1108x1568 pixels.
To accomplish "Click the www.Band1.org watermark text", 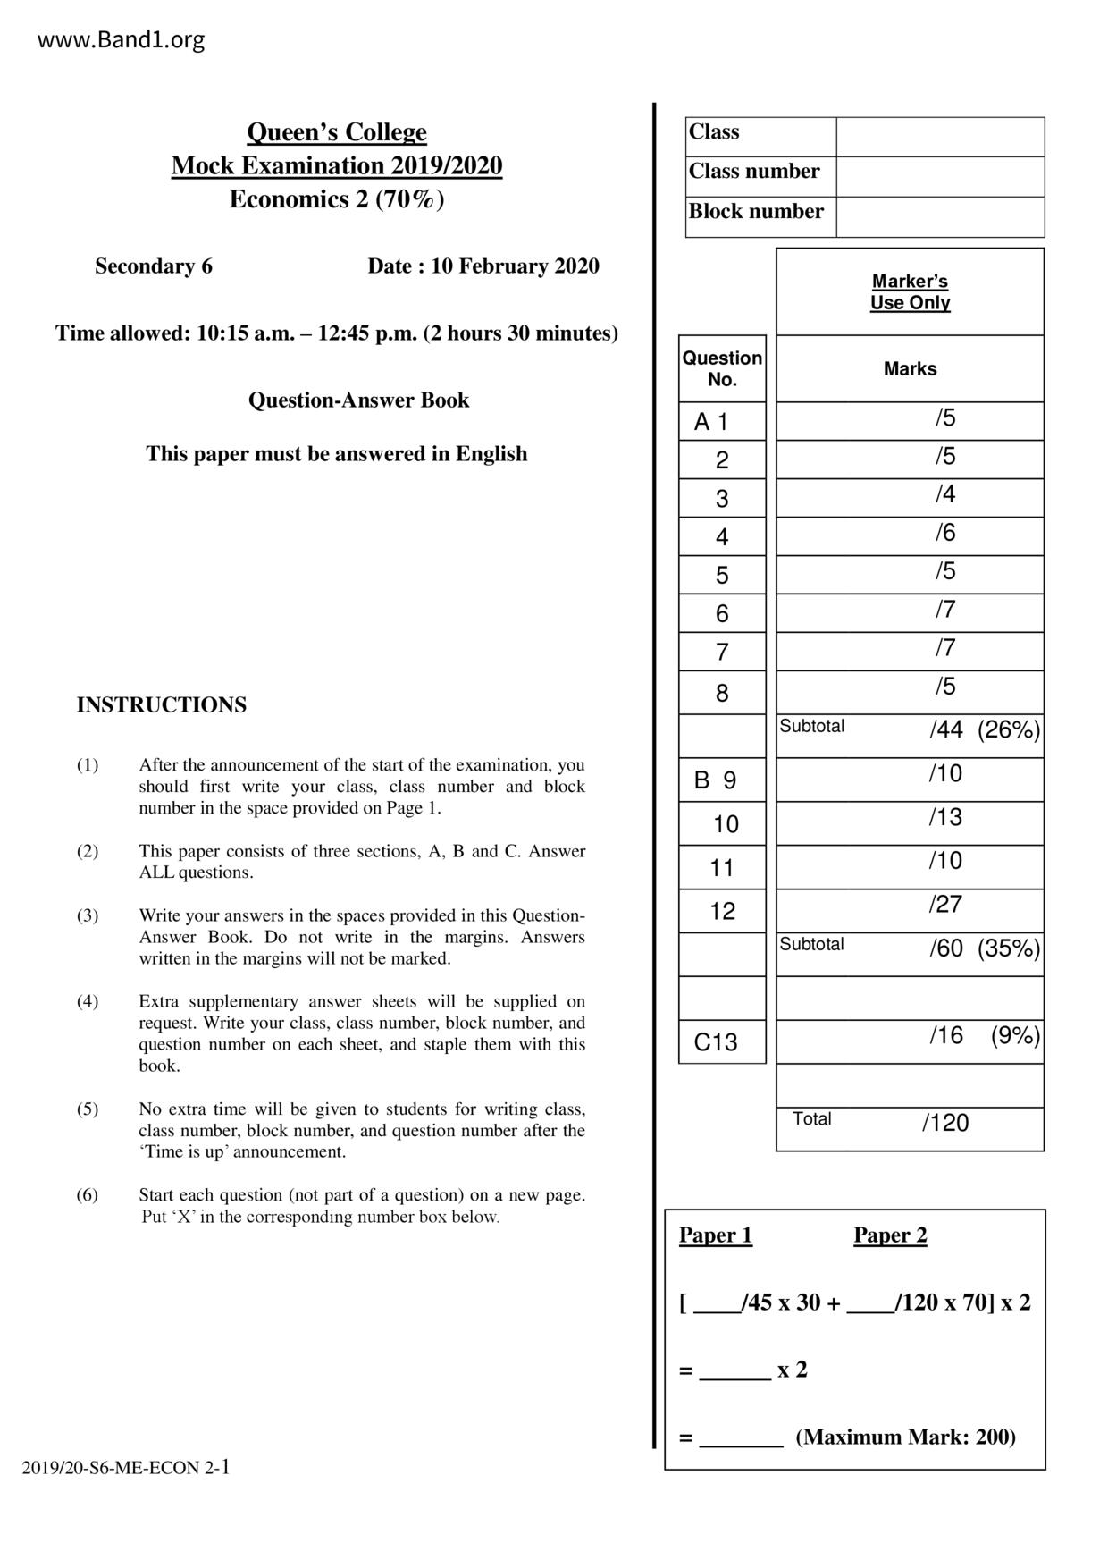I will [x=121, y=40].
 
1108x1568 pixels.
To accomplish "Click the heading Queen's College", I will [x=337, y=132].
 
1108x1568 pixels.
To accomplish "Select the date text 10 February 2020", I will [x=515, y=266].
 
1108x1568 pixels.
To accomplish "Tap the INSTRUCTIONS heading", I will [x=162, y=705].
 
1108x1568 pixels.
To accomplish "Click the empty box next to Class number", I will [x=940, y=177].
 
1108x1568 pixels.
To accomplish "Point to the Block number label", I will [x=756, y=212].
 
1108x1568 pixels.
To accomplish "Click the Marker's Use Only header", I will [x=910, y=291].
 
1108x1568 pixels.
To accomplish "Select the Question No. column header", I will [x=722, y=368].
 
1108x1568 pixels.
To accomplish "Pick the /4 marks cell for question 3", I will [x=945, y=494].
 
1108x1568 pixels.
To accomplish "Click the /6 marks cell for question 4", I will [x=945, y=533].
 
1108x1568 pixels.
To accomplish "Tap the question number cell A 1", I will [x=711, y=422].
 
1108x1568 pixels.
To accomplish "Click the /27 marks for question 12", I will [x=945, y=905].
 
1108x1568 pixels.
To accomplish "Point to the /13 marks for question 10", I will [x=945, y=817].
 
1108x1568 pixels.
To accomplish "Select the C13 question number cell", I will [x=716, y=1042].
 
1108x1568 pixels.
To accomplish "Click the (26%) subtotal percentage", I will [x=1009, y=730].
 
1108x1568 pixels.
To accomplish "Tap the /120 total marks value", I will [x=945, y=1123].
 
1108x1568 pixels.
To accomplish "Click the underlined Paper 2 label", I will [x=890, y=1235].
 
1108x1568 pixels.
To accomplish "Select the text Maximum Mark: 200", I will [x=905, y=1437].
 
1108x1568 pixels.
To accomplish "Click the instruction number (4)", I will [x=88, y=1001].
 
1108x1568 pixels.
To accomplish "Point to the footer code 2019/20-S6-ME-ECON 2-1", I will [x=126, y=1467].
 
